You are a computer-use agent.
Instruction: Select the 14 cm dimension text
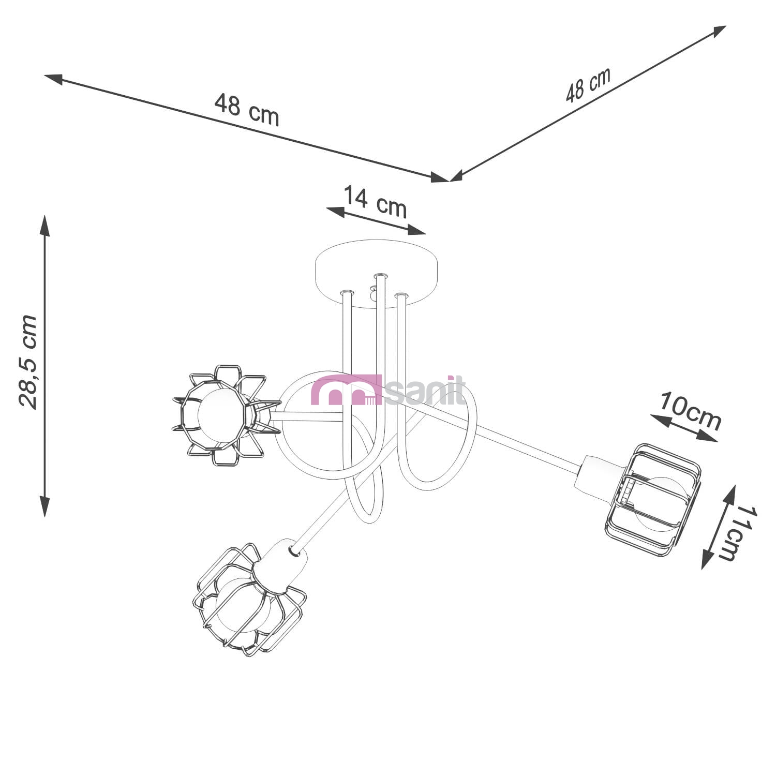click(376, 201)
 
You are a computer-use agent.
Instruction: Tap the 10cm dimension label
click(691, 411)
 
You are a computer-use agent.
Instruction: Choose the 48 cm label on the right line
click(588, 85)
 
